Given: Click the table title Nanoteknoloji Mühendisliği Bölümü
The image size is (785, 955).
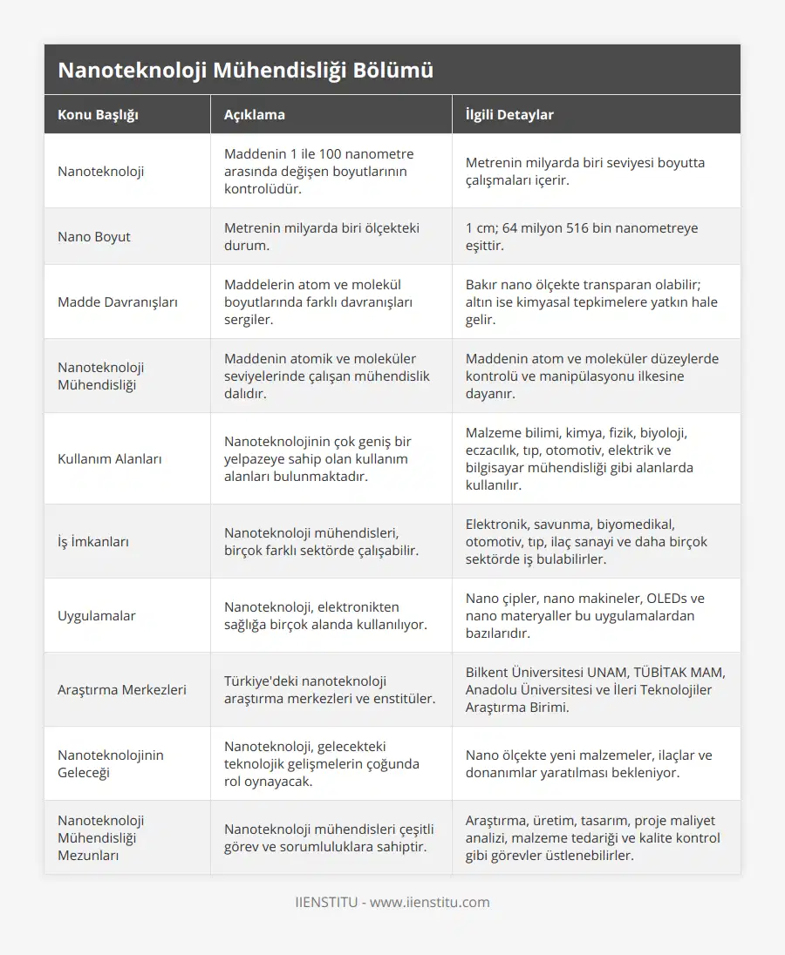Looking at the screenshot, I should pos(245,71).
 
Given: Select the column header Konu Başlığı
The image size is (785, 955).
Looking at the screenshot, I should pos(98,114).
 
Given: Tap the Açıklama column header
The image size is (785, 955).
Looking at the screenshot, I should pos(254,114).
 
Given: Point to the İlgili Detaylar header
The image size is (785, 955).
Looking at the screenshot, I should pos(509,114).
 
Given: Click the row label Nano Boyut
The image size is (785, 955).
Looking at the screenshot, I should pos(94,236).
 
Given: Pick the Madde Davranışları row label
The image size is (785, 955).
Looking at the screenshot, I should pos(118,301).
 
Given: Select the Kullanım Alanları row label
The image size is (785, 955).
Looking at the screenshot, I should pos(110,458).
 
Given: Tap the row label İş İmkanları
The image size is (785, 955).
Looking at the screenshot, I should pos(93,541).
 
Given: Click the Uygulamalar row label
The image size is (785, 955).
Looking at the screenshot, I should pos(96,615).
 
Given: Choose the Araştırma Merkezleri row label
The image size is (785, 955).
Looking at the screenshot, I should pos(122,689).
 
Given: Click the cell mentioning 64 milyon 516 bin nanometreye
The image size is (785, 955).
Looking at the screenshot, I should pos(582,236).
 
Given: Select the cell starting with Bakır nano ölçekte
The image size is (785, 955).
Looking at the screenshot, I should pos(593,301).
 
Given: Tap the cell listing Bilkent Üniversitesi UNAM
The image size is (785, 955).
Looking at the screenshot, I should pos(595,689).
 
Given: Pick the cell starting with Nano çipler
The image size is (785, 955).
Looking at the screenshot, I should pos(585,615).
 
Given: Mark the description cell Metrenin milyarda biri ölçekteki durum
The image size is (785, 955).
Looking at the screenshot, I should pos(322,236).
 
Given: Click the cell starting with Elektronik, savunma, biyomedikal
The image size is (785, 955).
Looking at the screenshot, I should pos(586,541).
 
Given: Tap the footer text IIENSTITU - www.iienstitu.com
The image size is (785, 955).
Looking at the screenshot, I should pos(392,902).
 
